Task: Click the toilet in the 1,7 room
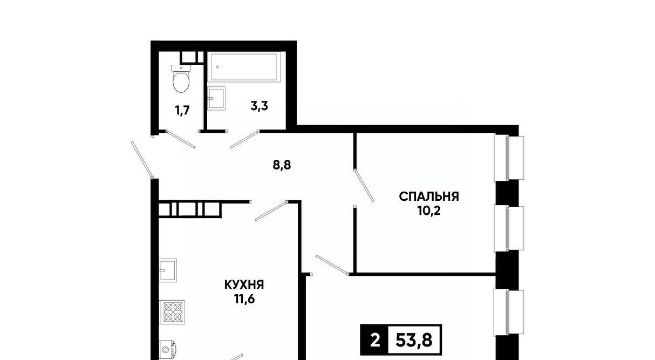click(181, 78)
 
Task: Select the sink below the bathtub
click(217, 98)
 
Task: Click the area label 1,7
click(182, 111)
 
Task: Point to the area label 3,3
click(260, 106)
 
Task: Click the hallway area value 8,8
click(282, 165)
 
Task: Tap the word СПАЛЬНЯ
click(429, 196)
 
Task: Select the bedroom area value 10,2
click(429, 210)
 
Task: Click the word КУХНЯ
click(244, 285)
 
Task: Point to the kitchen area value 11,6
click(244, 299)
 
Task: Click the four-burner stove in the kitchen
click(172, 312)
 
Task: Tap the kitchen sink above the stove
click(168, 270)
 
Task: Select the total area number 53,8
click(414, 341)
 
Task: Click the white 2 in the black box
click(375, 341)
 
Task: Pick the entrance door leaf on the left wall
click(142, 160)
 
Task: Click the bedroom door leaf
click(364, 186)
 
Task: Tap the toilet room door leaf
click(181, 139)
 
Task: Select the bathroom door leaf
click(245, 139)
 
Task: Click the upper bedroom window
click(509, 158)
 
